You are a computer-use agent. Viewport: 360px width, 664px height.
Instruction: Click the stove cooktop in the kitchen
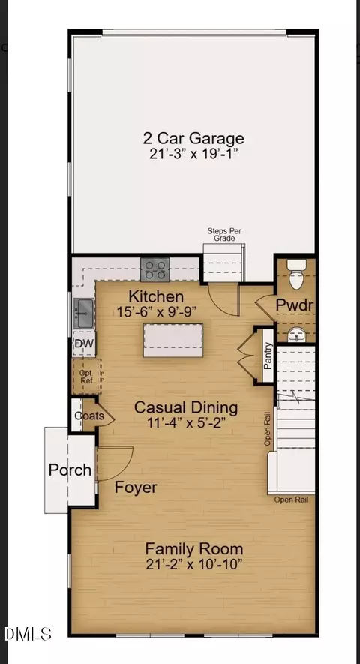tap(155, 269)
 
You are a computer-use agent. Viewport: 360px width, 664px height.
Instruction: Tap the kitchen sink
tap(84, 313)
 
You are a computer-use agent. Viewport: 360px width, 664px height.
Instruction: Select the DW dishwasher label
tap(84, 343)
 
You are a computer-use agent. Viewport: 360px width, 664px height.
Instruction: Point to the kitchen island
tap(173, 340)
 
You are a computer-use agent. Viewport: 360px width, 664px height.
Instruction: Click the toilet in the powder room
tap(296, 274)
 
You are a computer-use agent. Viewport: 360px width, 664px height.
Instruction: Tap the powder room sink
tap(296, 335)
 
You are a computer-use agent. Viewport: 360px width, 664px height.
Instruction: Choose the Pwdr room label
tap(295, 305)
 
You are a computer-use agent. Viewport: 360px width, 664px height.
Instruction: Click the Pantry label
tap(268, 356)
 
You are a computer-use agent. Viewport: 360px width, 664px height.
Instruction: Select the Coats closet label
tap(89, 416)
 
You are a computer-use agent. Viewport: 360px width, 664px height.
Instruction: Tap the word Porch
tap(70, 470)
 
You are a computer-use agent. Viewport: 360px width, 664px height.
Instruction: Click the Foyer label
tap(136, 488)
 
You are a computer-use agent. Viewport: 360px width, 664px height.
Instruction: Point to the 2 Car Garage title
tap(193, 139)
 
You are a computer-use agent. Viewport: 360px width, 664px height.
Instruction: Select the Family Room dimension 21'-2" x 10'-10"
tap(194, 564)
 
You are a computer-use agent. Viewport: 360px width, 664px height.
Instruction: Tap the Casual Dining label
tap(186, 407)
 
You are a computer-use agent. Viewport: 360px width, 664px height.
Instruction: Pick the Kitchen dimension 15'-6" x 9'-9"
tap(157, 311)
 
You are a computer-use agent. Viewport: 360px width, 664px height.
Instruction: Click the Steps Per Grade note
tap(224, 235)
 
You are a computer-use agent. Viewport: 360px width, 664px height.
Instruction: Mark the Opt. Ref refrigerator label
tap(86, 377)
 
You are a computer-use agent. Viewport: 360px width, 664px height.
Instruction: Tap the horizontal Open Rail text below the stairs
tap(291, 500)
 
